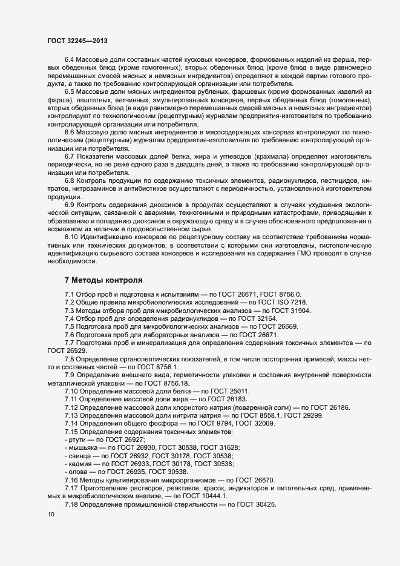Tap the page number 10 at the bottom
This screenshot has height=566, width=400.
(50, 515)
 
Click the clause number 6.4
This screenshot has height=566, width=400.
(70, 60)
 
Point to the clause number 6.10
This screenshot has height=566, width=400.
(71, 236)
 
